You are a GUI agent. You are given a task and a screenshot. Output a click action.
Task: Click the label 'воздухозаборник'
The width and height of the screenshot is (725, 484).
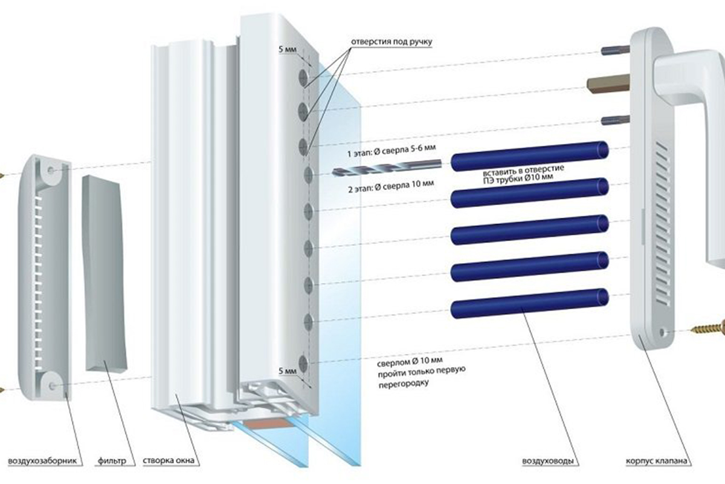point(42,462)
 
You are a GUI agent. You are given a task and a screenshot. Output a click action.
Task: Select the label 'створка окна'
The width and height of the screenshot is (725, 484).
point(169,462)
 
